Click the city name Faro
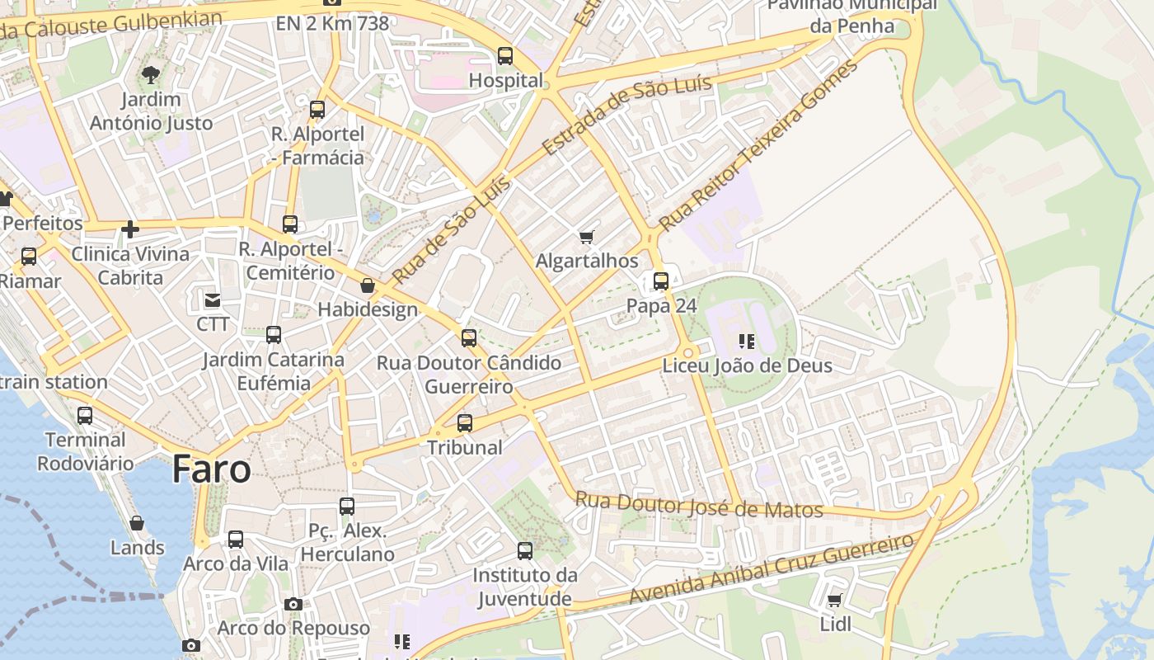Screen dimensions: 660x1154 [211, 469]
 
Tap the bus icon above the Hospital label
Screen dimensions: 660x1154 [505, 56]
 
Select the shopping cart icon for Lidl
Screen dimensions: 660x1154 [835, 600]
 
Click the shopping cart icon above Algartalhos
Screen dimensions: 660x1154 [587, 237]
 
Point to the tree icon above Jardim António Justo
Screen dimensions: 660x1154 [150, 75]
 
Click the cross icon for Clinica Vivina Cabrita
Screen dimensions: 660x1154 [129, 229]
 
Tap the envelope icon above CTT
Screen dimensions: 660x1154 [213, 299]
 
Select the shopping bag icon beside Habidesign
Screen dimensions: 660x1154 [368, 285]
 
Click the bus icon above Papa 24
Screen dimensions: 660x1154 [661, 280]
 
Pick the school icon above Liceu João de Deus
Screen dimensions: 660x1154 [747, 341]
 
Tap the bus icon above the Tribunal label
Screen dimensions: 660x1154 [465, 423]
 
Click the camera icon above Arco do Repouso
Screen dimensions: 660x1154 [293, 604]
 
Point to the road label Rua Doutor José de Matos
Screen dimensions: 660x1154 [699, 505]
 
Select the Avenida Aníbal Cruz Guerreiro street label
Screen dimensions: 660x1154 [772, 568]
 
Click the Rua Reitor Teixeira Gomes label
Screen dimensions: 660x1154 [758, 145]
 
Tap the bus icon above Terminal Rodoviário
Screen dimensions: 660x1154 [85, 415]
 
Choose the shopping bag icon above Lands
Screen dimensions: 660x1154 [137, 523]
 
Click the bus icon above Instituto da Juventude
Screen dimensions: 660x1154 [525, 550]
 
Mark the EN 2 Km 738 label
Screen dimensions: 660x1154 [332, 23]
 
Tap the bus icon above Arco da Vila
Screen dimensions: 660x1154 [236, 540]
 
